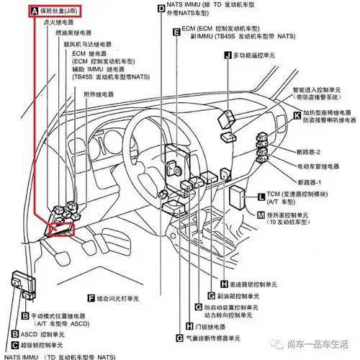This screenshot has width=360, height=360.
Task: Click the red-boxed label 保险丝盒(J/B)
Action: point(58,12)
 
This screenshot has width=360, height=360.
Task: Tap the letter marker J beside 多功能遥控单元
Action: point(228,55)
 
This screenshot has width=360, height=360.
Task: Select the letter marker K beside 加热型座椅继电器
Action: point(297,114)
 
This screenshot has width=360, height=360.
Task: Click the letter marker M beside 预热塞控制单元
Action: point(260,215)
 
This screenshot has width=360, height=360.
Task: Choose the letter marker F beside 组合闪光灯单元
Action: point(91,297)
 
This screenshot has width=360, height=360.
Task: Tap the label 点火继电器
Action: point(61,23)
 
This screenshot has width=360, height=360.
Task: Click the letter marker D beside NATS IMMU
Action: point(161,6)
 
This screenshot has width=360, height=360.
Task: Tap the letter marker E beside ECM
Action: point(176,32)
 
